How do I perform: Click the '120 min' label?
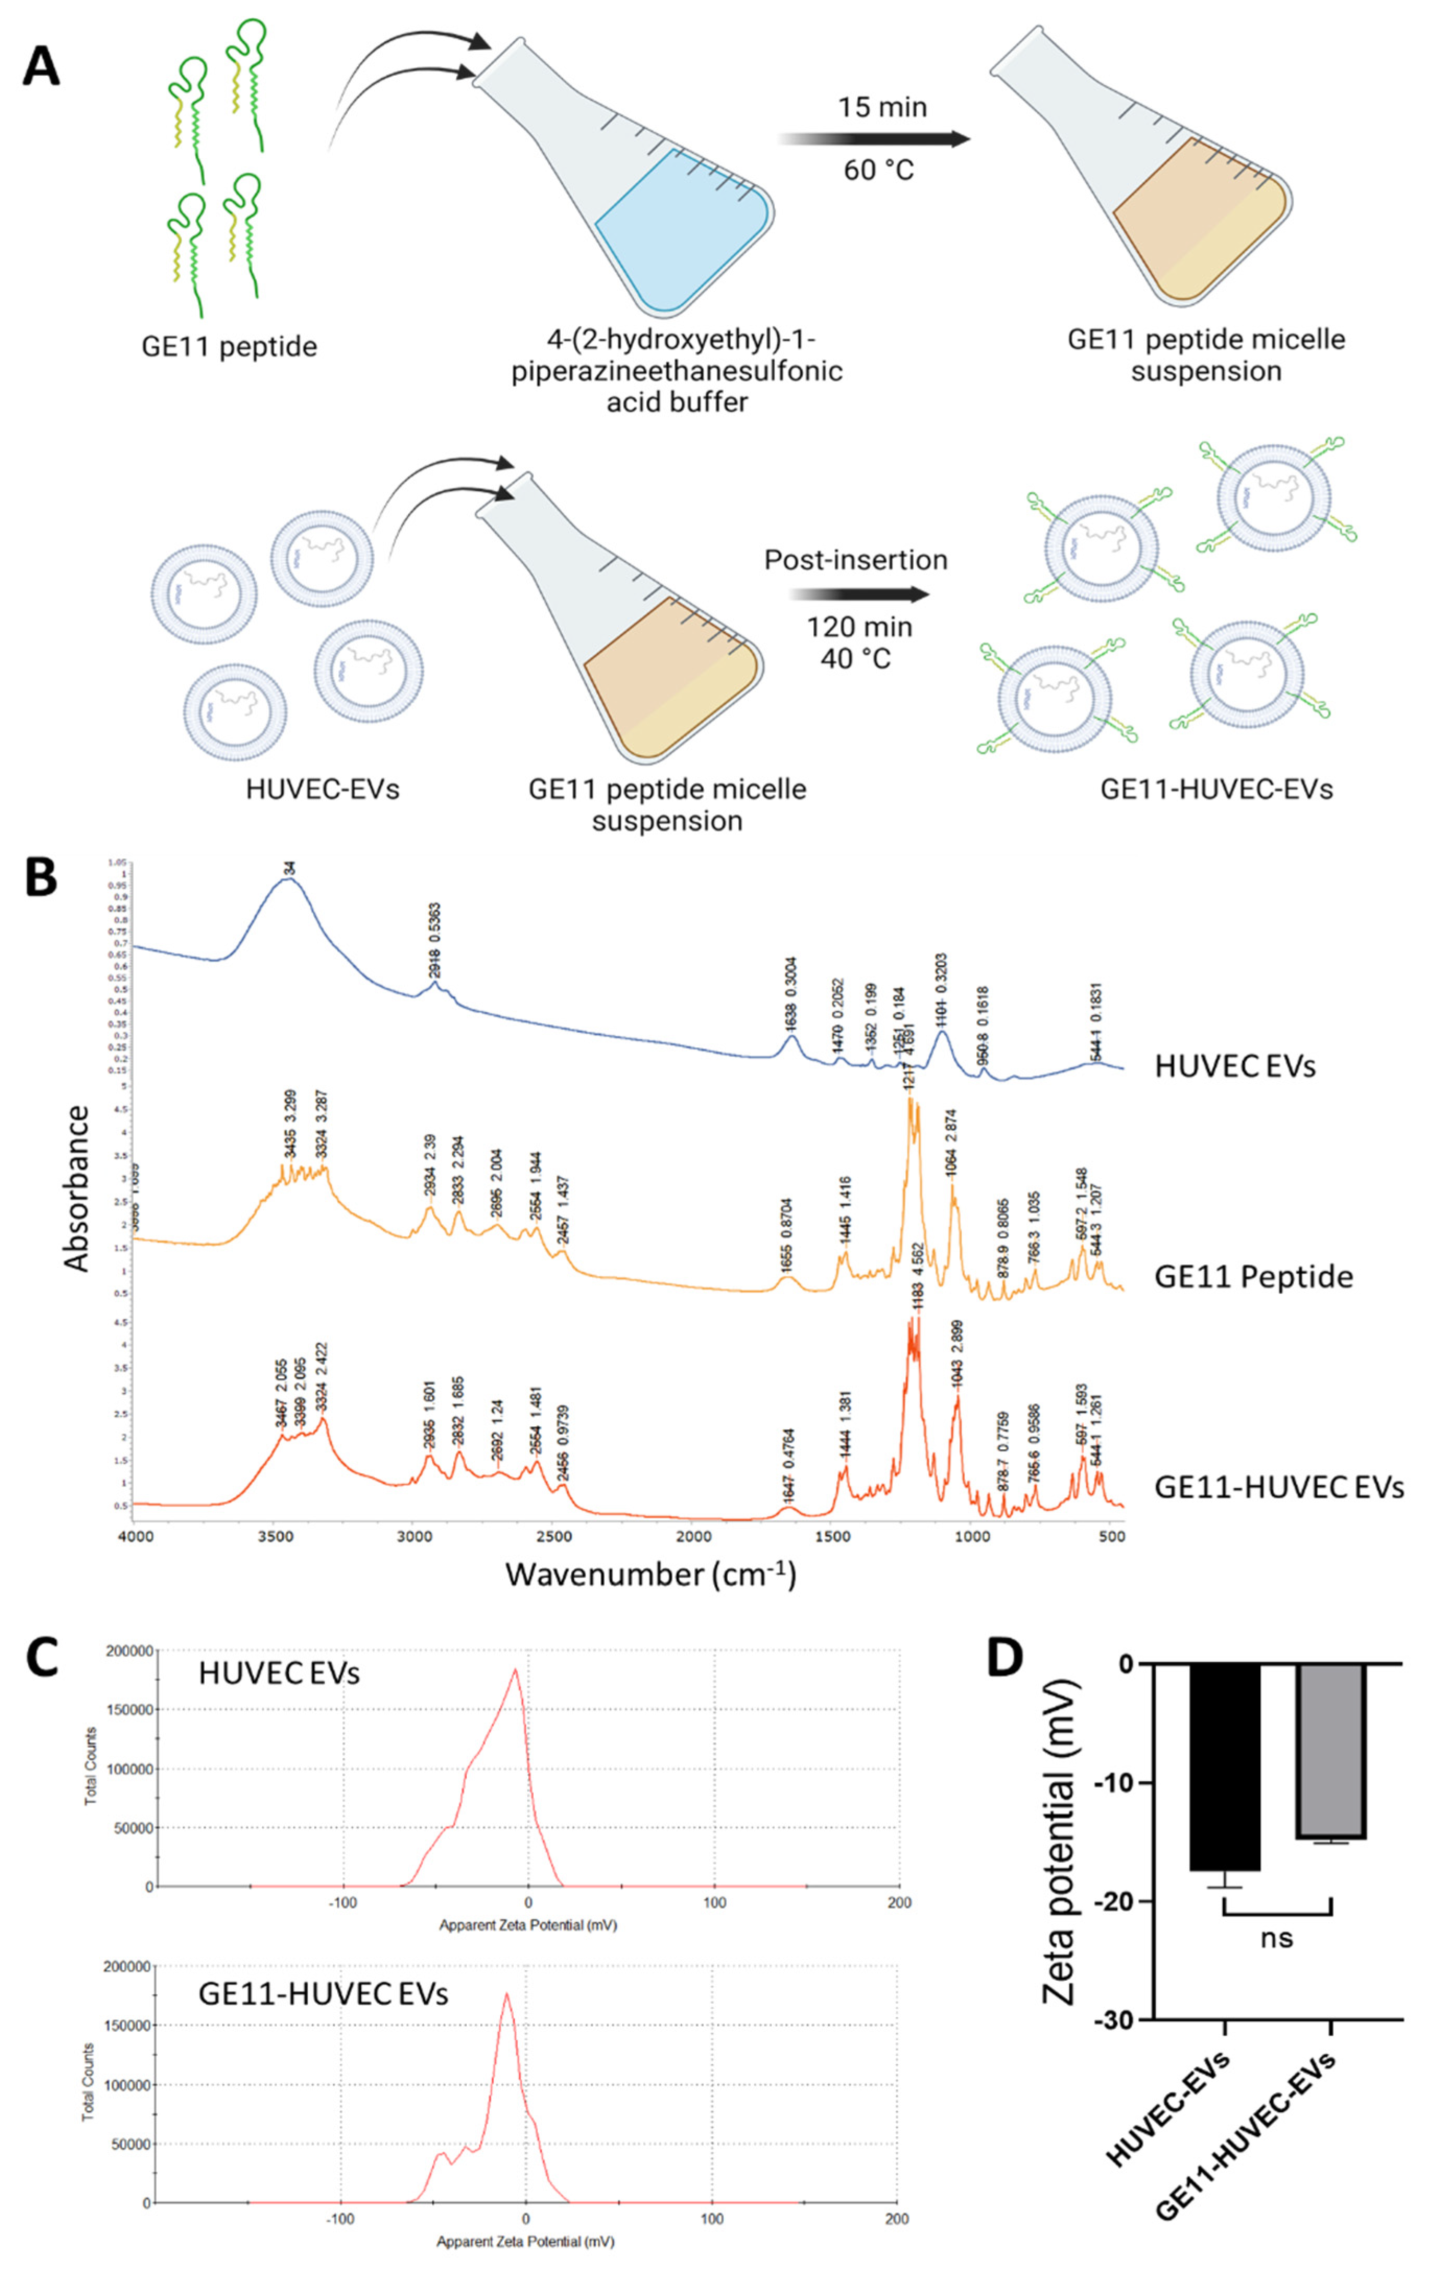[x=860, y=627]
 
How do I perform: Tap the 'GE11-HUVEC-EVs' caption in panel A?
[x=1216, y=789]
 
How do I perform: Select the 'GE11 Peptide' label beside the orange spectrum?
[x=1252, y=1276]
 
